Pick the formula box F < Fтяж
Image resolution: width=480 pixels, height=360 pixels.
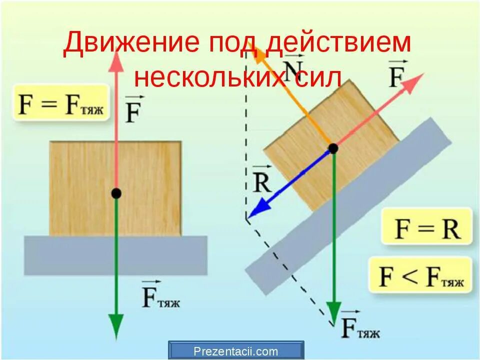tap(420, 275)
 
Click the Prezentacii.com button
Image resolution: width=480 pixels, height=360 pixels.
tap(236, 351)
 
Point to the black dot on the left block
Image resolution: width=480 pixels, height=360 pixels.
tap(116, 193)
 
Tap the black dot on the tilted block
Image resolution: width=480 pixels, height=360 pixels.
tap(332, 148)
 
